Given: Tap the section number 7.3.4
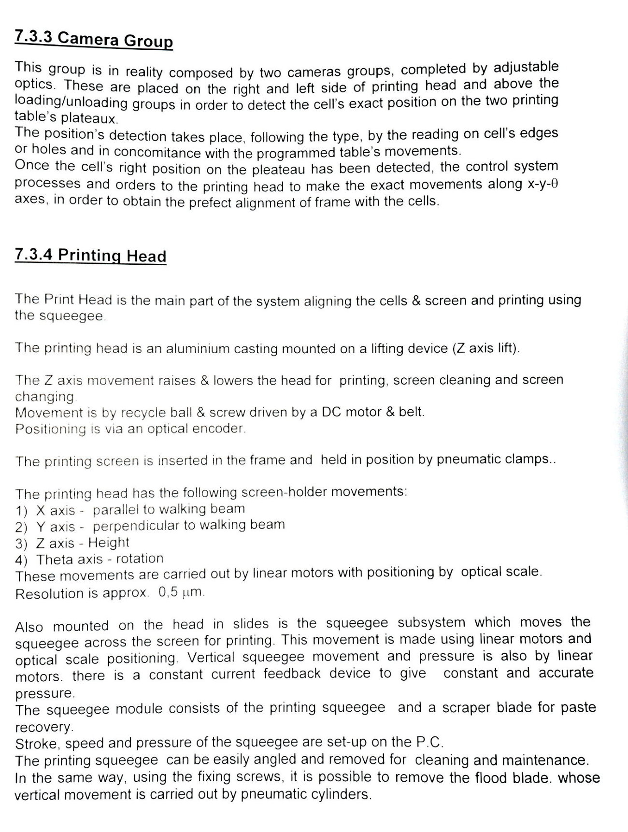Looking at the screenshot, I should (x=34, y=255).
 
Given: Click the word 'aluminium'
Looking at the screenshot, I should (x=198, y=349).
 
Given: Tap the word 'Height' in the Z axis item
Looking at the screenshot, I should (x=109, y=542).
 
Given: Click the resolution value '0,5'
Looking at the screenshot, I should (x=168, y=592).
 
